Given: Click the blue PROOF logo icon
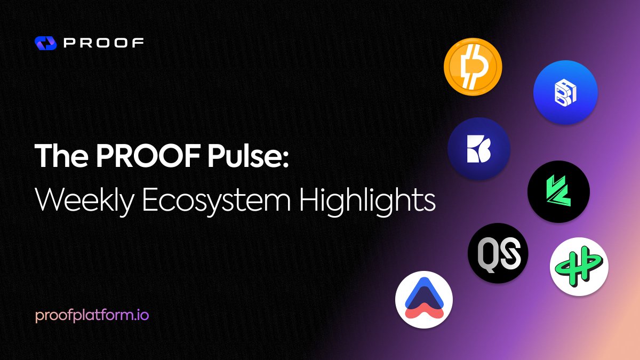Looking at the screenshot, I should click(45, 43).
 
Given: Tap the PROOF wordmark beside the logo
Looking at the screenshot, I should click(103, 43).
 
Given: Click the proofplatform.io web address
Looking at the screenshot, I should click(92, 316).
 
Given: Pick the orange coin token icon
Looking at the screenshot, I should click(473, 67).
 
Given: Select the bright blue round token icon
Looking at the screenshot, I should click(565, 93).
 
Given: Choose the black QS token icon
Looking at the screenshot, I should click(498, 253).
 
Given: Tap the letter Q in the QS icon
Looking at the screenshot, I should click(487, 253).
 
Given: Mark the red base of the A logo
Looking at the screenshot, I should click(424, 310).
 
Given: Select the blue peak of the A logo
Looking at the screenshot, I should click(424, 288).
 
